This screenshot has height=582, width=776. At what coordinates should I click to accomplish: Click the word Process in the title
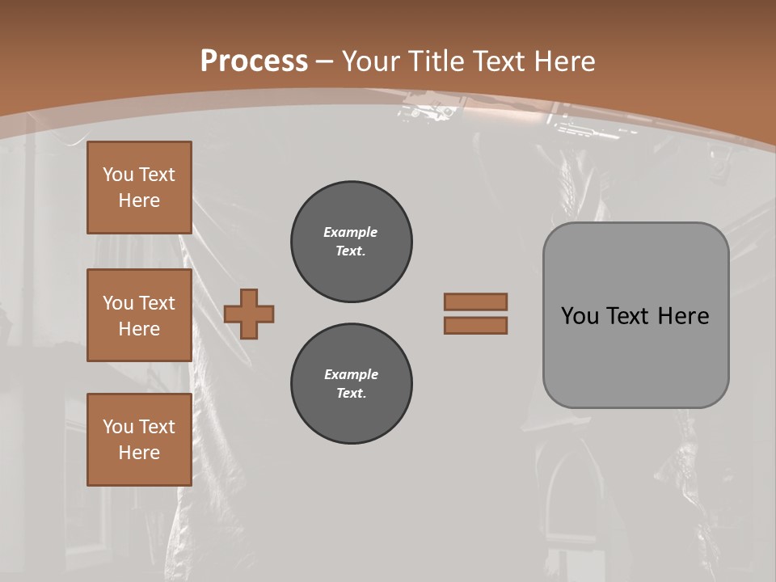click(254, 61)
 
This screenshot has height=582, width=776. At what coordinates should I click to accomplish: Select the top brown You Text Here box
click(139, 188)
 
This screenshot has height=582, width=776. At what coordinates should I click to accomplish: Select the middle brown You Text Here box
click(139, 315)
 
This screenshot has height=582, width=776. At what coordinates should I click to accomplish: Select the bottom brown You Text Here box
click(139, 440)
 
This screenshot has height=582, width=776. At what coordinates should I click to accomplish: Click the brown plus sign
click(249, 314)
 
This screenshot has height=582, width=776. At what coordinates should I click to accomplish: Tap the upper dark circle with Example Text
click(351, 242)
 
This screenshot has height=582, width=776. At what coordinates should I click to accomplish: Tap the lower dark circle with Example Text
click(351, 384)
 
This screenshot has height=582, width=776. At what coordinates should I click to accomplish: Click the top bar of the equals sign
click(475, 302)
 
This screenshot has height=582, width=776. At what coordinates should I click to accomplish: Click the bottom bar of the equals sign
click(475, 325)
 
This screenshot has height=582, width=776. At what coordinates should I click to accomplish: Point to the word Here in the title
click(565, 61)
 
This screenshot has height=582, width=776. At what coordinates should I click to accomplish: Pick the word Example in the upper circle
click(350, 232)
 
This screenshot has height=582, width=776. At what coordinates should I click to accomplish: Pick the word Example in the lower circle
click(350, 374)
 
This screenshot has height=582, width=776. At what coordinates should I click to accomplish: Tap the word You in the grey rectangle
click(580, 316)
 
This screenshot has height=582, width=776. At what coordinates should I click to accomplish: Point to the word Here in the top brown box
click(139, 200)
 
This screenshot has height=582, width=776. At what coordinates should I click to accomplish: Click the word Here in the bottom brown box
click(139, 453)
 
